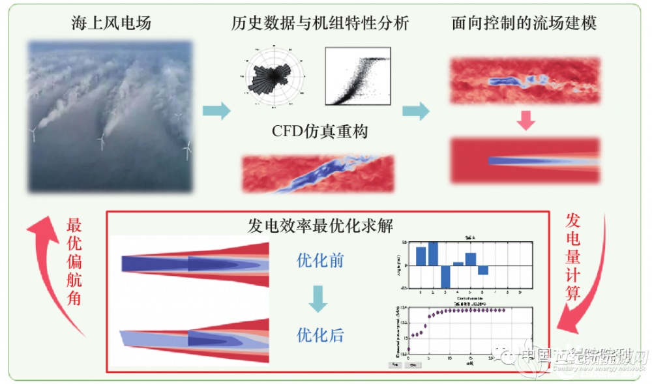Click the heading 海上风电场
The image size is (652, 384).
(x=111, y=24)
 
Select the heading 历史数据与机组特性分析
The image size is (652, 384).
(x=320, y=24)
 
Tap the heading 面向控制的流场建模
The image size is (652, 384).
(x=524, y=24)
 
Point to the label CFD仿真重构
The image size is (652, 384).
(x=320, y=132)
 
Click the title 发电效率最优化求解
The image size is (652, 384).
(x=320, y=226)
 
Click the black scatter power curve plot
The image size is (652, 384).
(x=357, y=77)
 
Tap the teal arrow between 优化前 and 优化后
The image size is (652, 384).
(x=318, y=299)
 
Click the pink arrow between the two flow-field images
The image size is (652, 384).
(x=525, y=120)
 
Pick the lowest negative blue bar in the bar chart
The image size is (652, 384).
(x=445, y=276)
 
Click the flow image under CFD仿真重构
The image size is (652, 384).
(x=318, y=173)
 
